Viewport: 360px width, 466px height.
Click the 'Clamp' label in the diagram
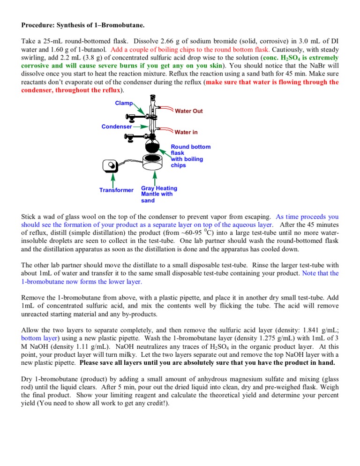tap(124, 103)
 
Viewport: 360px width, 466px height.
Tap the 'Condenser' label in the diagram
tap(117, 126)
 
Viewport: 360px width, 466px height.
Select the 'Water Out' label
tap(188, 111)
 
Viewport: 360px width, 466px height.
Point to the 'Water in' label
tap(186, 132)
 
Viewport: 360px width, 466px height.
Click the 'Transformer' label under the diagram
tap(116, 190)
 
